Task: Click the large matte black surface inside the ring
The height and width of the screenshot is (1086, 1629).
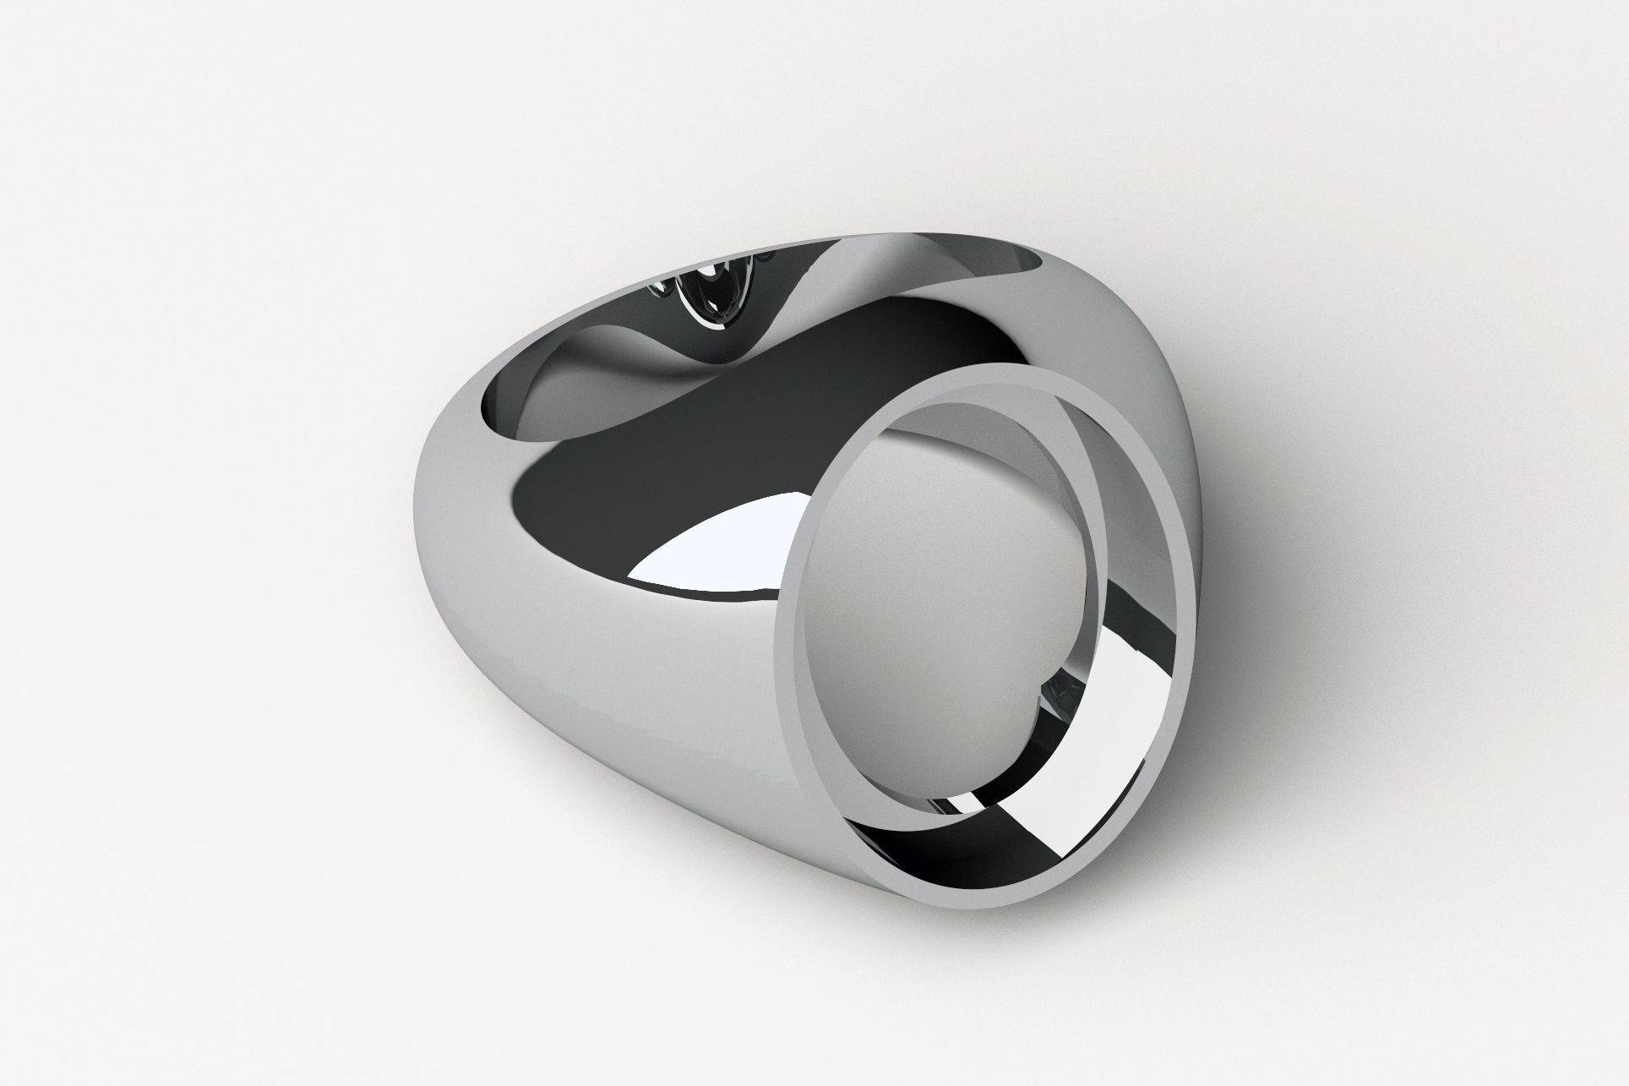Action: point(676,439)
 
